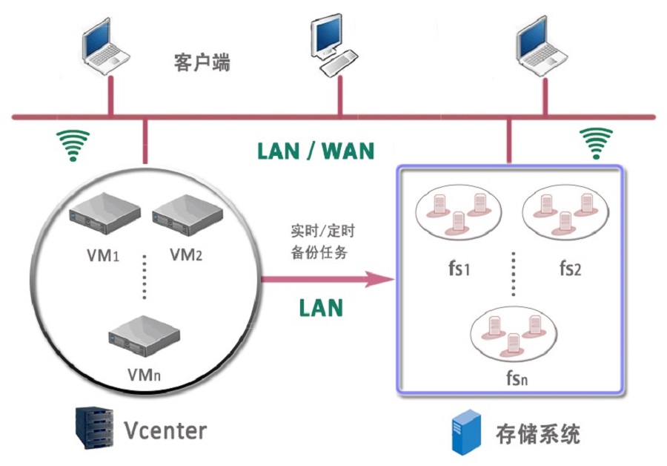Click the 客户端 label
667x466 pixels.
[202, 62]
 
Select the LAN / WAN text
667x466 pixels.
[316, 151]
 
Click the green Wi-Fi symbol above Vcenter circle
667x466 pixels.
[73, 145]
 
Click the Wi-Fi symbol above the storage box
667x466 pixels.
[596, 143]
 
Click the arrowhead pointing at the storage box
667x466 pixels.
[382, 280]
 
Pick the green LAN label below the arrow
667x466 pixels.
[321, 308]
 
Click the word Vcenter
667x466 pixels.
[165, 430]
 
